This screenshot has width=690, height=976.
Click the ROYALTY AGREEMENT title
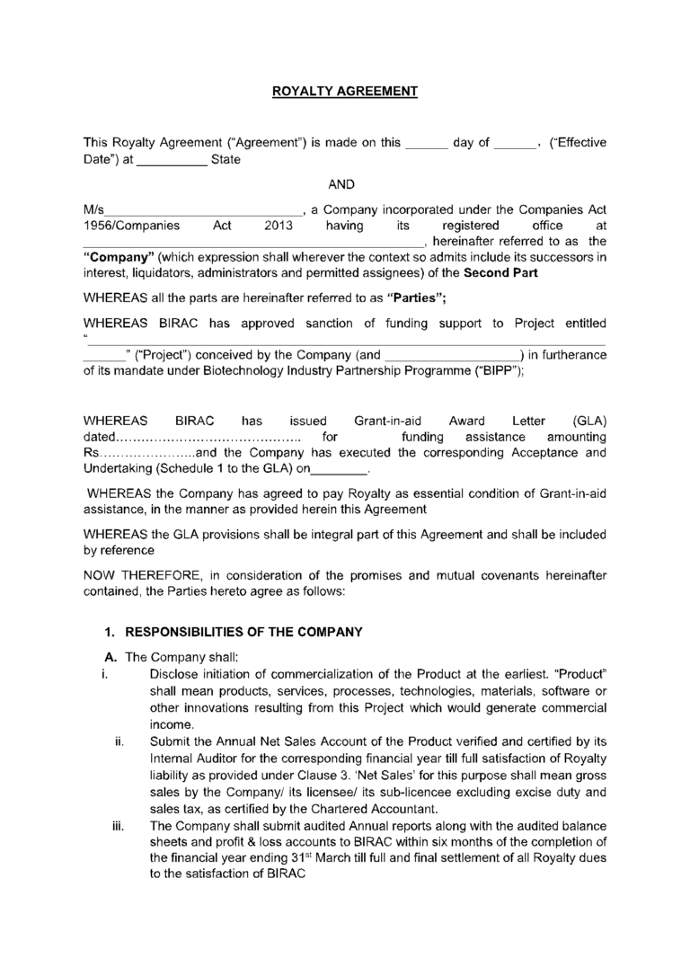tap(345, 91)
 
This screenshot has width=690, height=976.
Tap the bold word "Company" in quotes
tap(119, 258)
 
